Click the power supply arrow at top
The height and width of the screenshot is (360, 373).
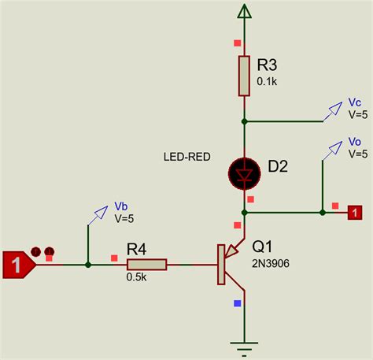coord(245,11)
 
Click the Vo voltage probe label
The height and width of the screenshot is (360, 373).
coord(355,141)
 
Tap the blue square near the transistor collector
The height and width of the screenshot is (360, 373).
coord(237,302)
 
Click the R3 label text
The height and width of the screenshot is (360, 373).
coord(269,64)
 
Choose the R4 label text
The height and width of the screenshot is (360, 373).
coord(137,249)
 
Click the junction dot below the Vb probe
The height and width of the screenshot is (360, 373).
coord(87,265)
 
